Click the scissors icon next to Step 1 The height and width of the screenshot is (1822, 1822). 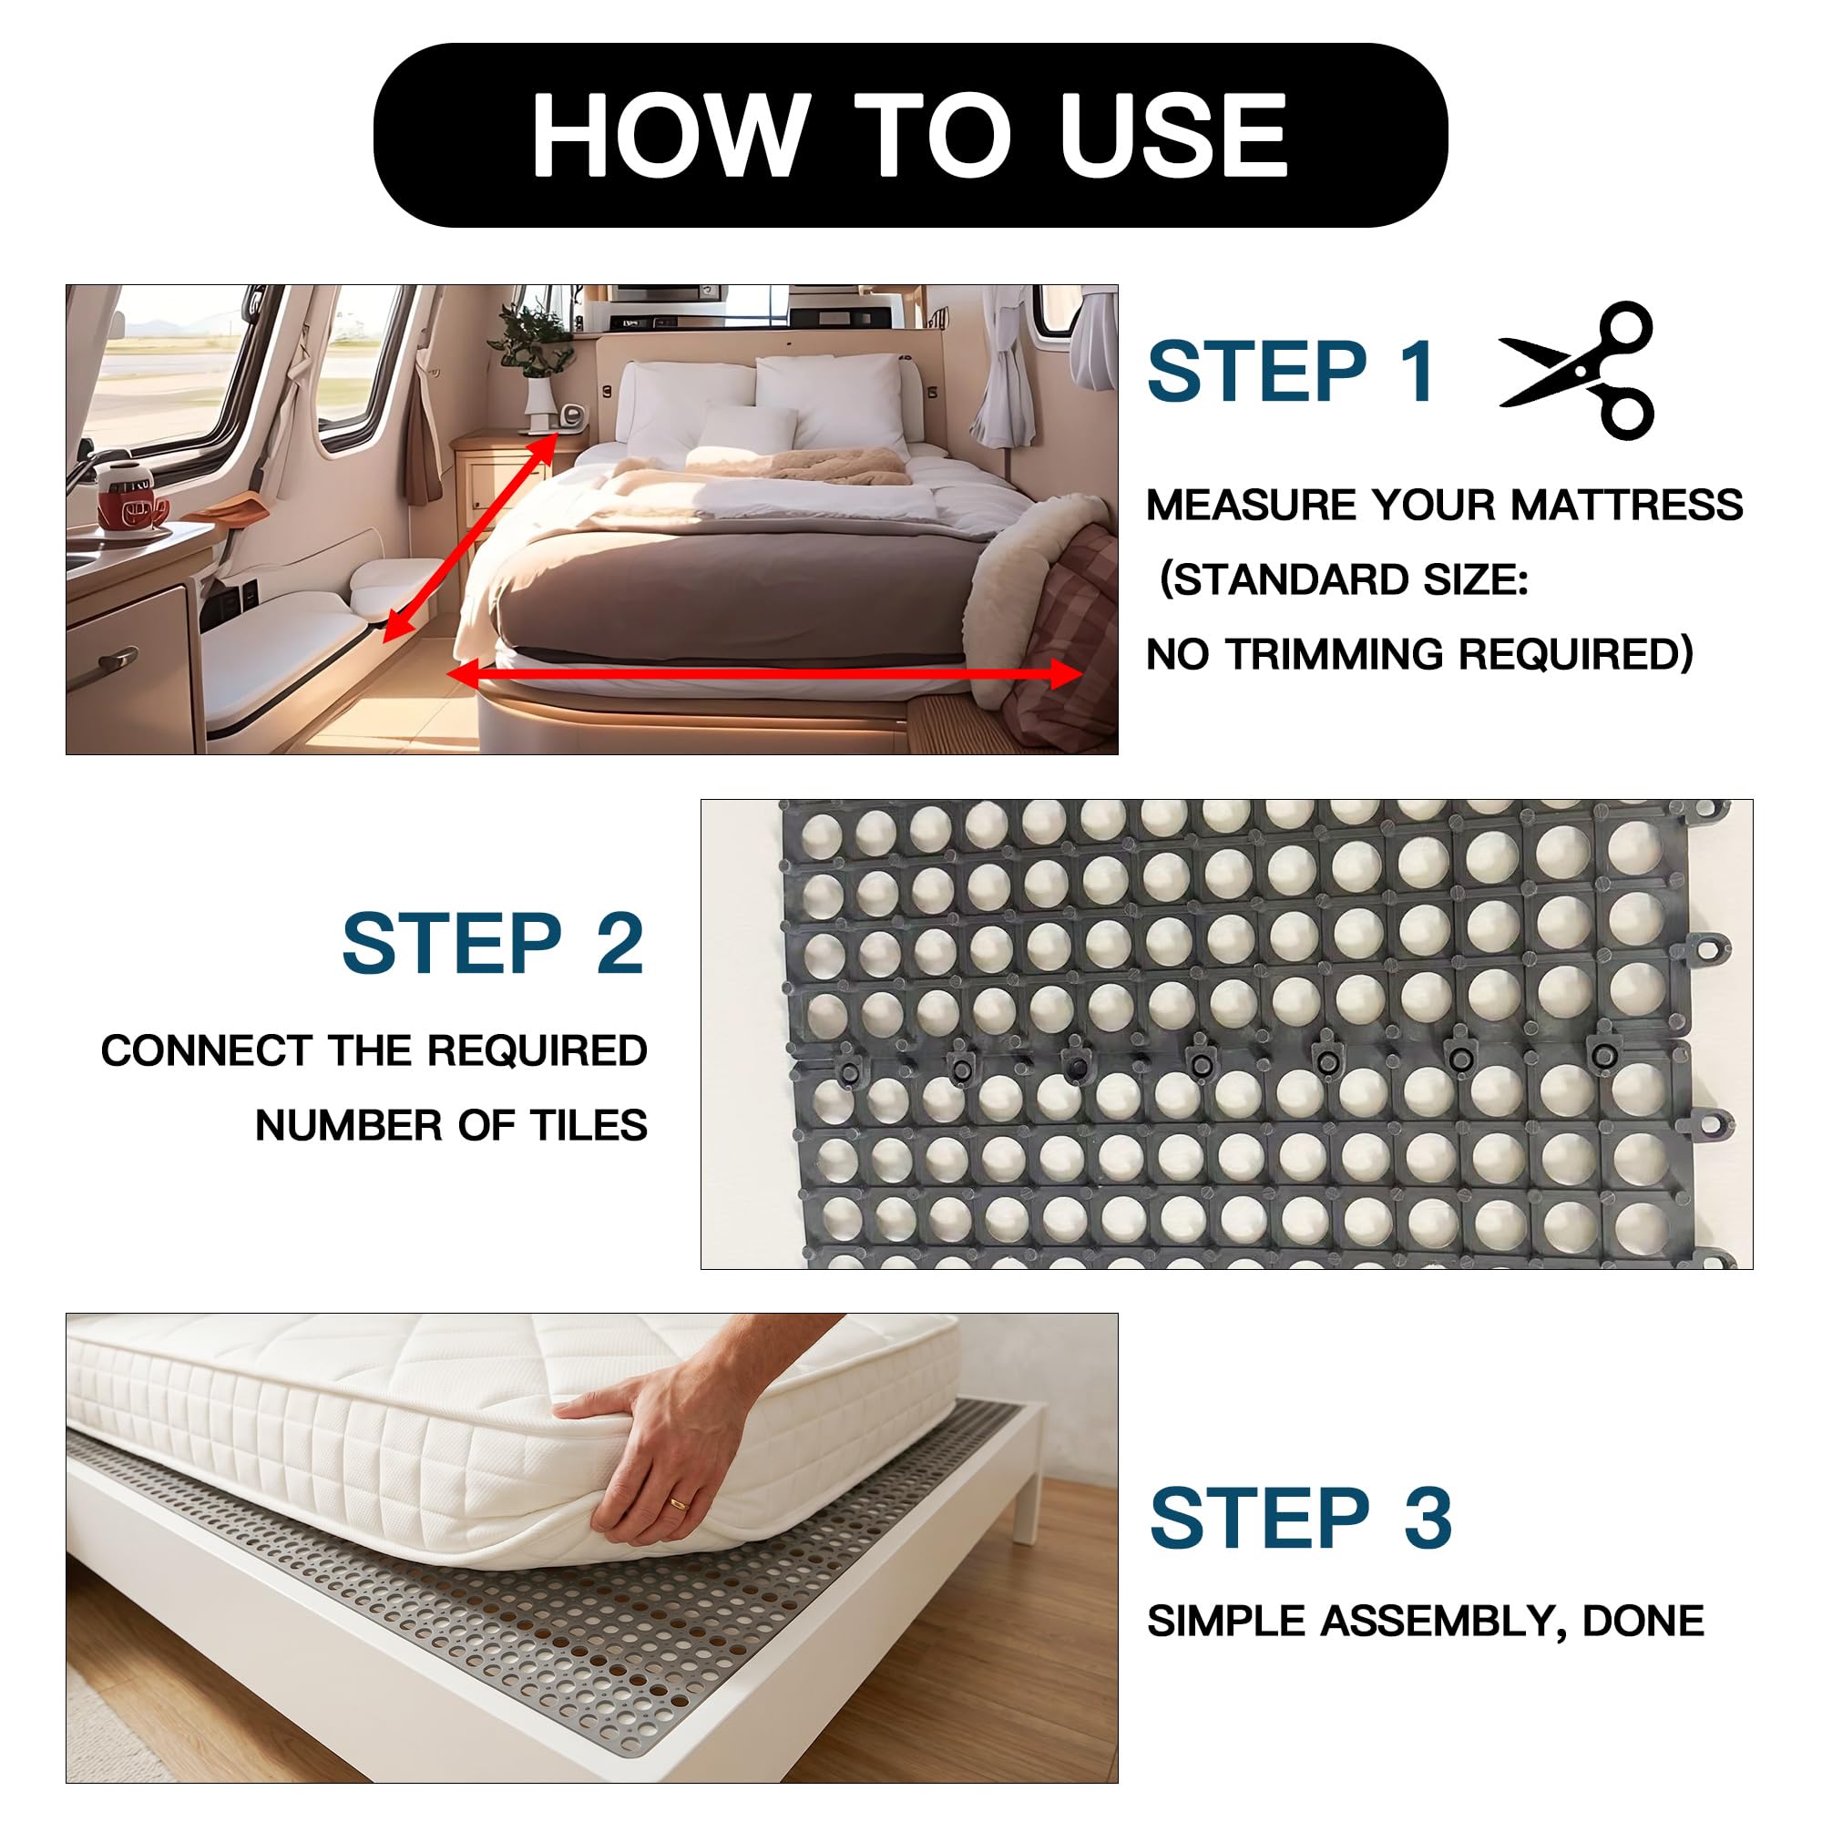1577,370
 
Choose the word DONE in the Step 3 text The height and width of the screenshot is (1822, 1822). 1643,1622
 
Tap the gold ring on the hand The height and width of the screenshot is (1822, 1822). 679,1503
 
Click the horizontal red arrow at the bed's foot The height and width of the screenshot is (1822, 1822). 765,673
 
